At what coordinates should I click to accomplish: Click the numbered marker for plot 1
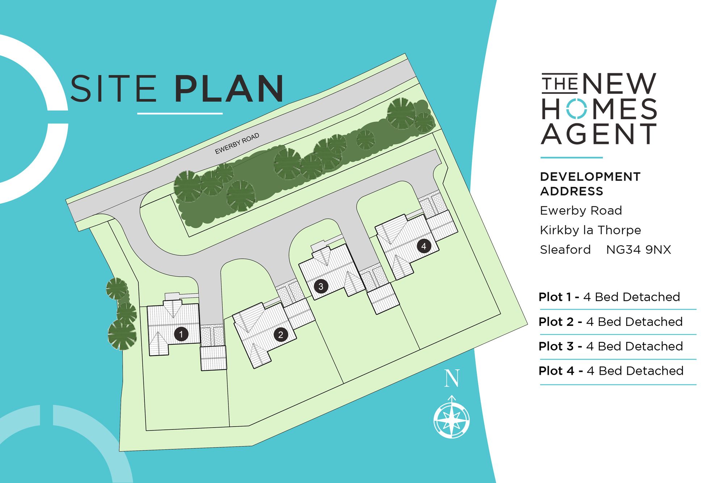(x=181, y=334)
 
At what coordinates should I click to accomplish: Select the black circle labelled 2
(x=281, y=335)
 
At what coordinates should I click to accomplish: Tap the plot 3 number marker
(x=321, y=287)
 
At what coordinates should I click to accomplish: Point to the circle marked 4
(x=424, y=247)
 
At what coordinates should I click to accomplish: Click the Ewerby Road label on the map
(x=237, y=143)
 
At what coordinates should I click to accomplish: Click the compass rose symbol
(x=451, y=420)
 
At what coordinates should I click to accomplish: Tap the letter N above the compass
(x=452, y=378)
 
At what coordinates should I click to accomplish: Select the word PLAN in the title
(x=229, y=89)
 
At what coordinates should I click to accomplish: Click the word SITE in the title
(x=113, y=89)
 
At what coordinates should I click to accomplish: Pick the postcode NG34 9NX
(x=639, y=250)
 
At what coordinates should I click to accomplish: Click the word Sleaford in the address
(x=565, y=250)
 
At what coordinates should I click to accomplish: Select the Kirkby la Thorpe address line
(x=590, y=230)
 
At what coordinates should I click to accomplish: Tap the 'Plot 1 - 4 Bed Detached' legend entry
(x=609, y=297)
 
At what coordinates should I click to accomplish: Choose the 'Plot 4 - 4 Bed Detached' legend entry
(x=611, y=371)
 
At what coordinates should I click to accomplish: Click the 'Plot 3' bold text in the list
(x=556, y=346)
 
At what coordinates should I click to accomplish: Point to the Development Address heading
(x=590, y=184)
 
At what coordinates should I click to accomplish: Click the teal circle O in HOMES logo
(x=576, y=109)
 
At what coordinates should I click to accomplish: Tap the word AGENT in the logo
(x=599, y=134)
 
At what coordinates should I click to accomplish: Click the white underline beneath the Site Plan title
(x=180, y=114)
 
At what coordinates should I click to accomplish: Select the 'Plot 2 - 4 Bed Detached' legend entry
(x=611, y=322)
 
